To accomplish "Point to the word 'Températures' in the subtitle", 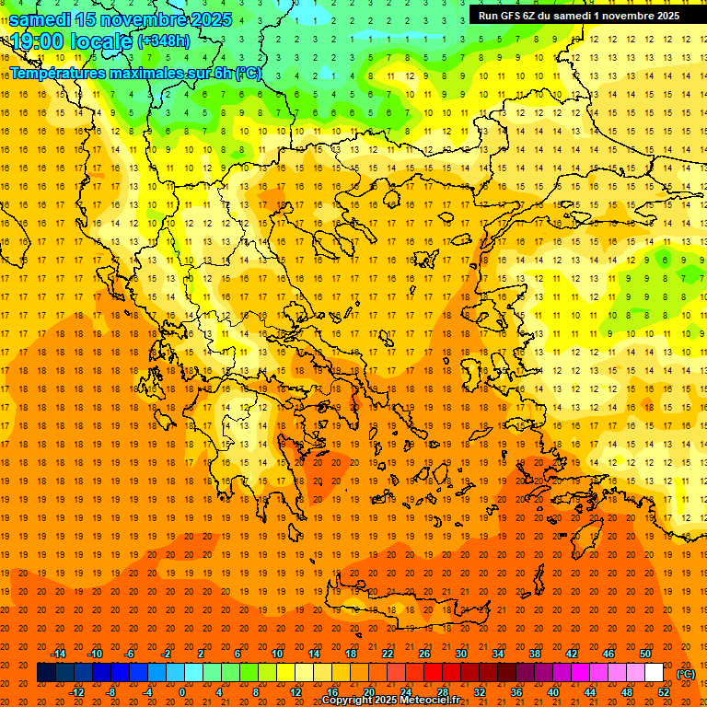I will coord(61,73).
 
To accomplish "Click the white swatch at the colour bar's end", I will coord(655,673).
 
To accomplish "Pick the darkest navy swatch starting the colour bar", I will coord(46,673).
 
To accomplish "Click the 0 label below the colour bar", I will coord(182,692).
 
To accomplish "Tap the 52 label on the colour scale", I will coord(664,692).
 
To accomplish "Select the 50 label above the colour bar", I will coord(645,654).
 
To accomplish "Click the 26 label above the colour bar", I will coord(424,654).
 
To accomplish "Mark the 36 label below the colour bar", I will coord(516,692).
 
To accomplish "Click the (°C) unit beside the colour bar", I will coord(686,674).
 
